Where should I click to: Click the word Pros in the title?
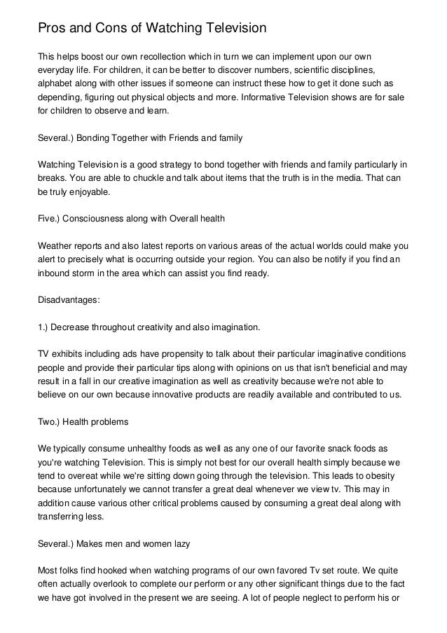50,28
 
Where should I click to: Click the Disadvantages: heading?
69,300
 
